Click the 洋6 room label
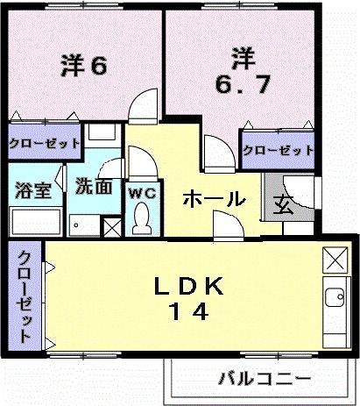[84, 66]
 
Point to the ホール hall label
[214, 200]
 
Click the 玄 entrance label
[286, 205]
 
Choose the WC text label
[141, 193]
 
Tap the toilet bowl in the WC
[141, 219]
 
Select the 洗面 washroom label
[92, 186]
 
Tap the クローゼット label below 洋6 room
[45, 142]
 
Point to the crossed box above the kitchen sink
[335, 260]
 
